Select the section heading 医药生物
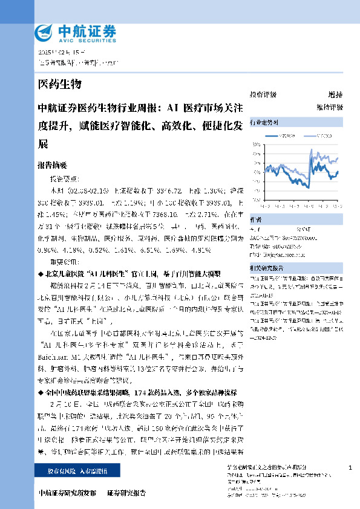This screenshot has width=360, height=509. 59,83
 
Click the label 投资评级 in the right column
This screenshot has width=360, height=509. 263,95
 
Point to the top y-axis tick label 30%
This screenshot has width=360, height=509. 257,144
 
